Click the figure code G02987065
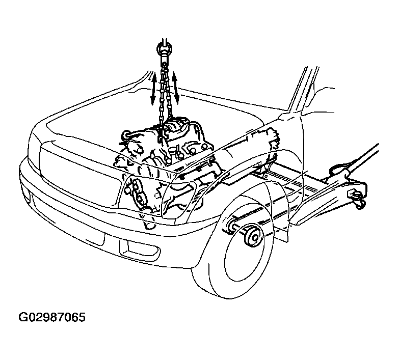pos(52,317)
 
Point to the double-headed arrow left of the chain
pos(153,89)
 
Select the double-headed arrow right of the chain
pos(176,88)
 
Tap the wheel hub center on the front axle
pos(254,236)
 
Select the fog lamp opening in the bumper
pos(139,250)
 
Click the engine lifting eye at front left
pos(126,134)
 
